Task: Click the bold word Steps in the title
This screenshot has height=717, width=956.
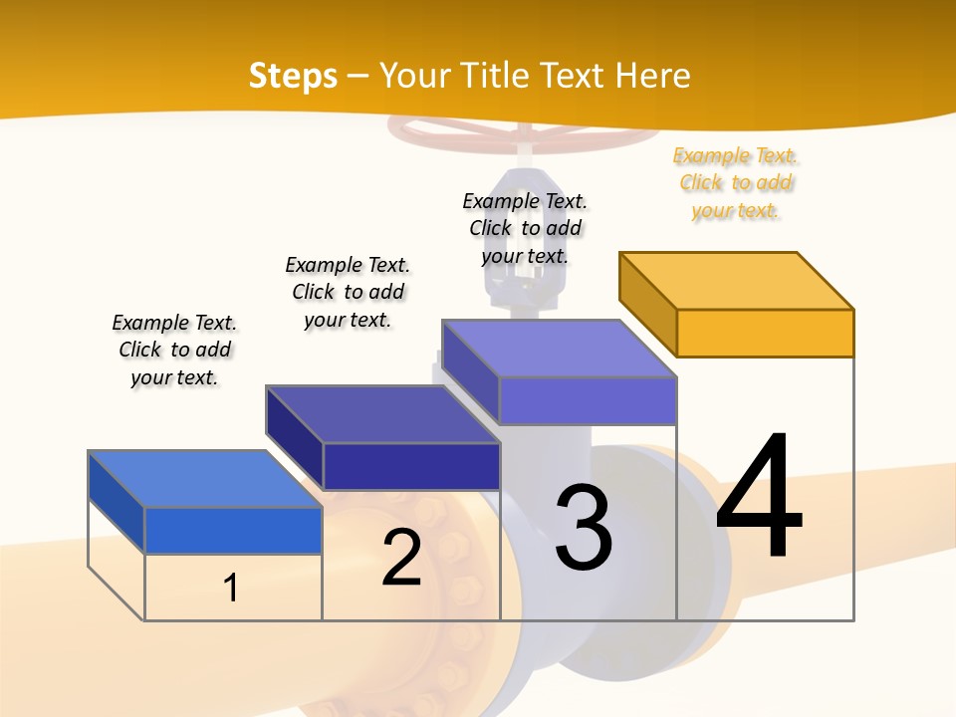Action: tap(293, 76)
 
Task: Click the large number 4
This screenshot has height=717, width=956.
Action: tap(759, 498)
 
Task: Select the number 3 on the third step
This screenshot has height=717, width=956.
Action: tap(584, 528)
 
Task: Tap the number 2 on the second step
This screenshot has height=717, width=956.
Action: tap(401, 558)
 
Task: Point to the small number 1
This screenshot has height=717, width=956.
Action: tap(231, 588)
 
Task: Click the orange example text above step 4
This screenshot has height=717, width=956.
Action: tap(735, 183)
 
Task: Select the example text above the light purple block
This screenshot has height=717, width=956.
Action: tap(525, 228)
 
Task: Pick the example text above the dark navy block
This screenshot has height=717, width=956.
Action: tap(348, 292)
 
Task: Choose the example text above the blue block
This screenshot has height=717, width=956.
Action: tap(174, 350)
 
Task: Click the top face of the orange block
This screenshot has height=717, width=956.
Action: tap(737, 280)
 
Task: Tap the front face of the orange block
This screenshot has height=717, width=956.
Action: tap(765, 333)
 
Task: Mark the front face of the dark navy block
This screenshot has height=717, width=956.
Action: tap(411, 466)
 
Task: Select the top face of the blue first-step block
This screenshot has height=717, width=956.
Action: tap(205, 479)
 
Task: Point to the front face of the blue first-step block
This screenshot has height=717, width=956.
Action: tap(233, 530)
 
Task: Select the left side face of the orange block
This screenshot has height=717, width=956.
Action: tap(648, 303)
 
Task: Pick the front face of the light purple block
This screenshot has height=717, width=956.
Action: tap(588, 400)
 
